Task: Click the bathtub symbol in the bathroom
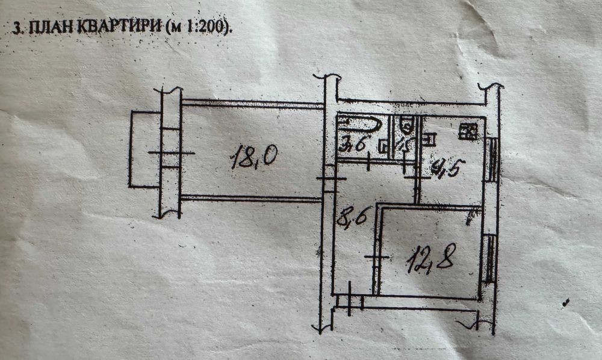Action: (359, 125)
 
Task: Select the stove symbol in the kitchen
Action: (468, 131)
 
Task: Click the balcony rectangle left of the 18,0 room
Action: (144, 149)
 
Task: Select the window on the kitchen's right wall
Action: (492, 160)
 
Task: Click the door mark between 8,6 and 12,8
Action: (377, 258)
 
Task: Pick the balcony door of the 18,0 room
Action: (171, 153)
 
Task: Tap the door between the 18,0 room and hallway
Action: (330, 179)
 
